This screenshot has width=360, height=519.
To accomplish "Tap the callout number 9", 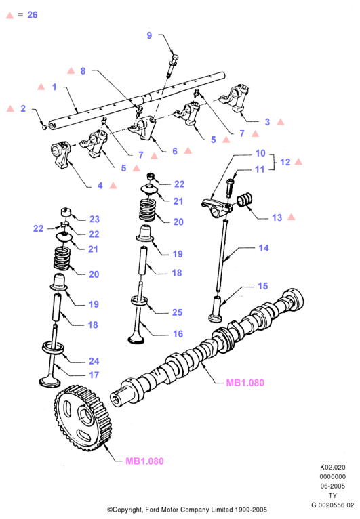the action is pos(149,35).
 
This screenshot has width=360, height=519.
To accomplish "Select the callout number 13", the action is pos(277,217).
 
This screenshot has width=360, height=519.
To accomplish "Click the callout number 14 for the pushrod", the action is pos(264,248).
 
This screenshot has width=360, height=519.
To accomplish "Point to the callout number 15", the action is pos(263,286).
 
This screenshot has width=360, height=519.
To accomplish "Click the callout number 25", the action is pos(177,312).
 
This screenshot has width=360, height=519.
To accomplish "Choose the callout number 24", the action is pos(94,361).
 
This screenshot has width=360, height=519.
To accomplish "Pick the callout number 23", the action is pos(94,219).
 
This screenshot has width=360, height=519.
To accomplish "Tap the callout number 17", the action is pos(94,375).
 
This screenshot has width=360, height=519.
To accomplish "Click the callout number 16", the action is pos(178,333).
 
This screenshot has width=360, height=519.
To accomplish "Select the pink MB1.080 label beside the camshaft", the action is pos(245,383).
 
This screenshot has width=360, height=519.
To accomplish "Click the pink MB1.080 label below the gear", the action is pos(144,461).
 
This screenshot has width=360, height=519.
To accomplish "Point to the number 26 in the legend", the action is pos(33,14).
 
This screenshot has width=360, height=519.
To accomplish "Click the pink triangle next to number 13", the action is pos(292,217).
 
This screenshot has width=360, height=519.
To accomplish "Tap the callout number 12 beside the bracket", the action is pos(285,162).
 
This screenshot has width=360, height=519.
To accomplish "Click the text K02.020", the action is pos(332,468).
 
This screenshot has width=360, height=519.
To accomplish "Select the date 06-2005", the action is pos(332,486).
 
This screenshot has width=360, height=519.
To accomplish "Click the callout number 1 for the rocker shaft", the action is pos(54,87).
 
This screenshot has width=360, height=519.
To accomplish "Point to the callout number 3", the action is pos(267,122).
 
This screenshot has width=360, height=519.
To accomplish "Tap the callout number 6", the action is pos(175,151).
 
